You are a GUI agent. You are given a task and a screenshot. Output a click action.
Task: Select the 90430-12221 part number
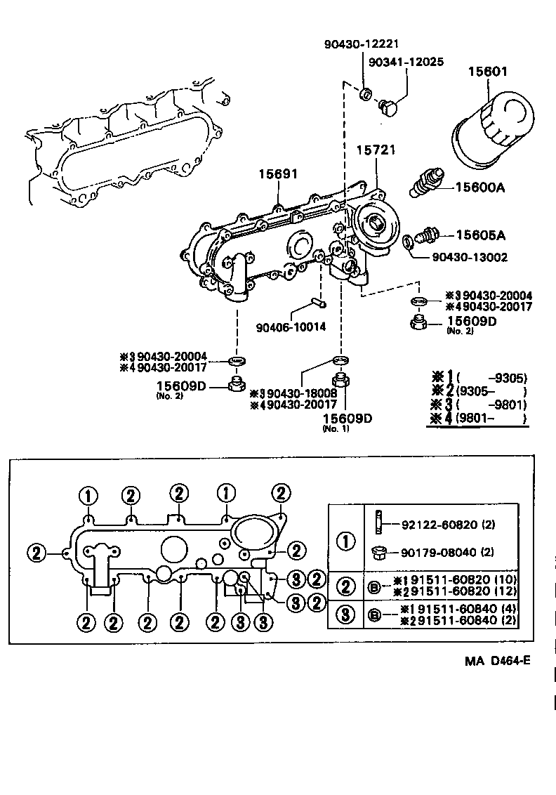(361, 44)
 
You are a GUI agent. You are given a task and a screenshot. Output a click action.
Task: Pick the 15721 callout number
(376, 150)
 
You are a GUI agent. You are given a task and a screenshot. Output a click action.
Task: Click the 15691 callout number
(276, 172)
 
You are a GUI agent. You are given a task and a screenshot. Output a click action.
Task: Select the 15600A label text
(481, 188)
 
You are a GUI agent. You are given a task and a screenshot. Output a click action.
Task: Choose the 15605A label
(482, 235)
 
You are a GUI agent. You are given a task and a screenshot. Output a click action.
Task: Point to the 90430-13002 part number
(470, 258)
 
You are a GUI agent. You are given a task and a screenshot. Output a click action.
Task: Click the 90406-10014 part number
(291, 327)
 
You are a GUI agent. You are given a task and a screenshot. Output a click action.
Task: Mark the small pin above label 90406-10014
(318, 303)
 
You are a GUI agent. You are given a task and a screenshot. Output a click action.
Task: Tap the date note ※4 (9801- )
(478, 419)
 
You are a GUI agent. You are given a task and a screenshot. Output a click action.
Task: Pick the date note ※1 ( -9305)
(478, 378)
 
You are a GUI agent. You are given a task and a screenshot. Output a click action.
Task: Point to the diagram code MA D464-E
(499, 662)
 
